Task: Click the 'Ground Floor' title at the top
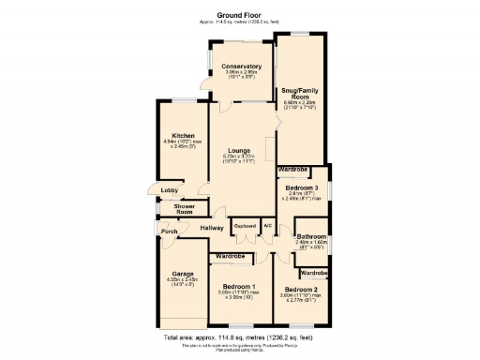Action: [239, 16]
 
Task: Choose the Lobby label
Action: [169, 190]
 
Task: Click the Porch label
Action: [170, 232]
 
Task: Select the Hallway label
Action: [212, 228]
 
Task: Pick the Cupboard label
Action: [245, 226]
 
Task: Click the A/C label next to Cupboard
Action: [267, 226]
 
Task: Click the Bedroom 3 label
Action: [301, 187]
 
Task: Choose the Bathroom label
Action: [311, 236]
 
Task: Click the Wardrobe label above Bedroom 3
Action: [293, 169]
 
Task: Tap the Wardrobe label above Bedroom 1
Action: [230, 256]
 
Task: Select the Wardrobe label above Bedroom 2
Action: [314, 272]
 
